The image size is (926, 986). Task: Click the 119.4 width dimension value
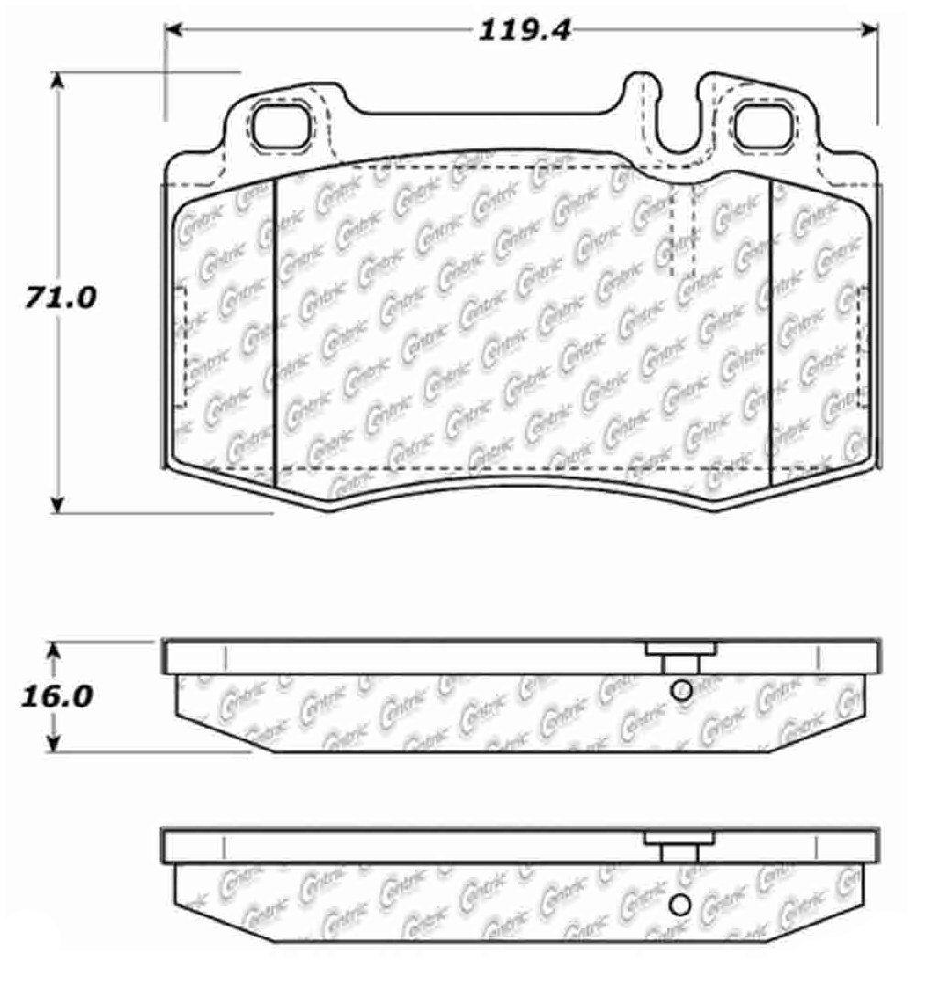524,30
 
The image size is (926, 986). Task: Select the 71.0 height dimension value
61,297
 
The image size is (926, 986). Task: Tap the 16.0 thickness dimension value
57,696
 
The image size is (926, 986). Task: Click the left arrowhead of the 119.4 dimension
173,29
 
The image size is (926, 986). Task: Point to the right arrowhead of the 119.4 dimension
869,29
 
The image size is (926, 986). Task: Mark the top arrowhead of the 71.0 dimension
57,82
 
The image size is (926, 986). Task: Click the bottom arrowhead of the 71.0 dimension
57,504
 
